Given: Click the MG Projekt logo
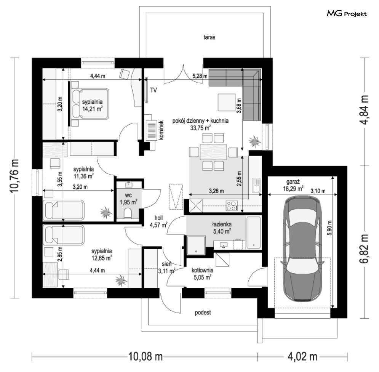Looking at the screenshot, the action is tap(347, 14).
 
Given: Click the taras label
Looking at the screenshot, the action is tap(209, 37).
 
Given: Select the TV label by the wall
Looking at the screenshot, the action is tap(154, 90).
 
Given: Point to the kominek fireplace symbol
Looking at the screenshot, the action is tap(151, 131).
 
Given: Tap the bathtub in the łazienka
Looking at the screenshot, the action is tap(253, 232).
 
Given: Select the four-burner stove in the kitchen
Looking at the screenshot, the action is tap(232, 205).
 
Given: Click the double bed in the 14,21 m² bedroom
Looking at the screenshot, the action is tap(90, 104).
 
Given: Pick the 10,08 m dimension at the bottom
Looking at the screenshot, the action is tap(145, 356).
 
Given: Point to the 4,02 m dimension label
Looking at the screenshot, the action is tap(302, 356).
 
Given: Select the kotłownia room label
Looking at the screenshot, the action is tap(203, 270).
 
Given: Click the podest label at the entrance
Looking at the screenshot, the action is tap(203, 313).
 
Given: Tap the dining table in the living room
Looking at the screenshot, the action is tap(213, 152).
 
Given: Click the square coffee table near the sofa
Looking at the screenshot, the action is tap(226, 102).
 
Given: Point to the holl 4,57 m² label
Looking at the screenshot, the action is tap(158, 221).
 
